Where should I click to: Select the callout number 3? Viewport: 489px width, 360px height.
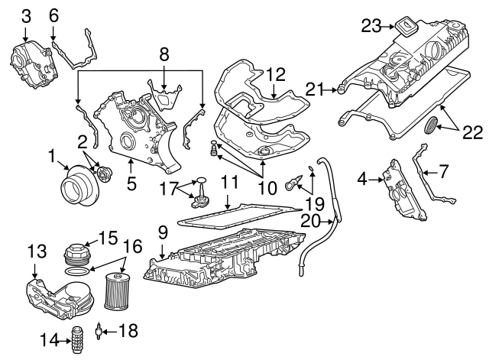click(x=26, y=15)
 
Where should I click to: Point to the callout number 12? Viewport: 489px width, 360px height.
click(x=275, y=74)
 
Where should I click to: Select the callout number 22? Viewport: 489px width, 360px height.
click(x=473, y=133)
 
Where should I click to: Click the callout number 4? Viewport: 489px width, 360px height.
click(x=363, y=179)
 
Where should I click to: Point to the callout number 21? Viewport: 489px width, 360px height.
click(x=311, y=89)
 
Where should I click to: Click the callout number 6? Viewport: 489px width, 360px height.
click(x=53, y=15)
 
